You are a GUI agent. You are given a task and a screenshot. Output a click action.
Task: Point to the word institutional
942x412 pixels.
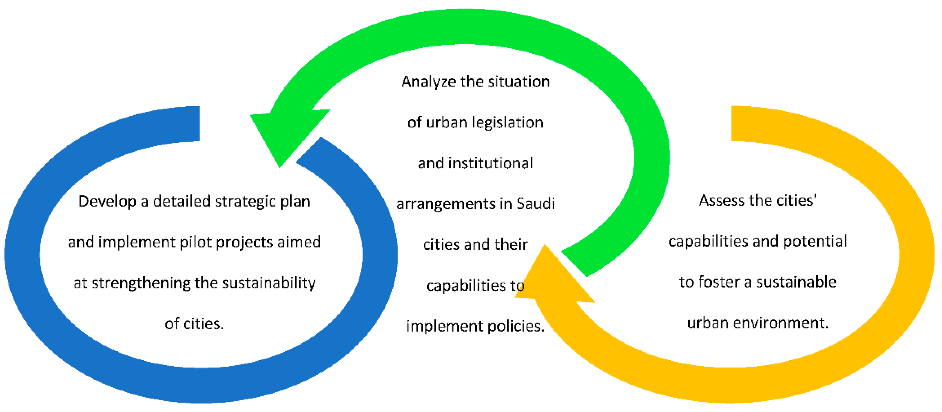point(490,163)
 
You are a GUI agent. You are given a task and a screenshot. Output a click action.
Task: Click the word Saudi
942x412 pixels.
point(536,204)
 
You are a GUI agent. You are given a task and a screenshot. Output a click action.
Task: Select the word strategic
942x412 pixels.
point(245,201)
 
